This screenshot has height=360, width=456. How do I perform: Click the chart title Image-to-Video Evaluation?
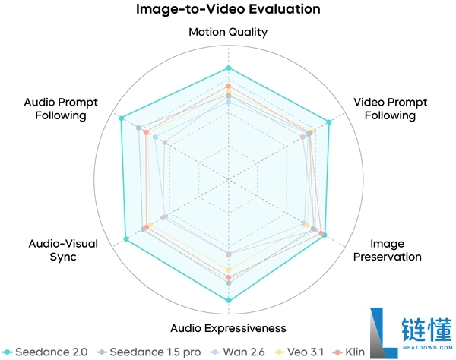pos(228,9)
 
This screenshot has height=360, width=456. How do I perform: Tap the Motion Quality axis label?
pos(228,32)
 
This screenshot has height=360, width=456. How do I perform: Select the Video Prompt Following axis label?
pos(391,109)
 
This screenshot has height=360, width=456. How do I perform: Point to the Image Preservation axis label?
pos(388,250)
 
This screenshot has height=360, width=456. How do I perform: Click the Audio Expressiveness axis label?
pos(228,328)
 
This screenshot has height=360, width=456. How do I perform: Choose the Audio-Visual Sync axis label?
pos(63,250)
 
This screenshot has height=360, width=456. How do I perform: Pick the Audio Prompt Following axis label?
pos(61,109)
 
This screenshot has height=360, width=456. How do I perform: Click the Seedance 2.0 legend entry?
pos(45,352)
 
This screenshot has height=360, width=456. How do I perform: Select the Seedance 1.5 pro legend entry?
pos(149,352)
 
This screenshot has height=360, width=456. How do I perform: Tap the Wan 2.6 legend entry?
pos(238,352)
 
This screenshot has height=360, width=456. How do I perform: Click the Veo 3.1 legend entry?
pos(299,352)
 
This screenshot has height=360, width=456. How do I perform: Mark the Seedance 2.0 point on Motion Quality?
pos(229,68)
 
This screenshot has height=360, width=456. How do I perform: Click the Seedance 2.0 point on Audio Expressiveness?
pos(229,300)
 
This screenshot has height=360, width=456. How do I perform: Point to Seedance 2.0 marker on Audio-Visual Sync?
pos(126,238)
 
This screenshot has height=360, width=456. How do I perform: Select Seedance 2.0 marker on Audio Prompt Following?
pos(122,118)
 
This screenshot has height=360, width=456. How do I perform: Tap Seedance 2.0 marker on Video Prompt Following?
pos(329,122)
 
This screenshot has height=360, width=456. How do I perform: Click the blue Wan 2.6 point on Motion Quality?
pos(229,103)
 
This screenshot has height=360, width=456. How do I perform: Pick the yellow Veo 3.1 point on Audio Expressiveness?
pos(229,270)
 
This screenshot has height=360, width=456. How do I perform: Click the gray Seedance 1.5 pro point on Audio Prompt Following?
pos(139,128)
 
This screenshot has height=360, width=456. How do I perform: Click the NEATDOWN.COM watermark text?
pos(428,347)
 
